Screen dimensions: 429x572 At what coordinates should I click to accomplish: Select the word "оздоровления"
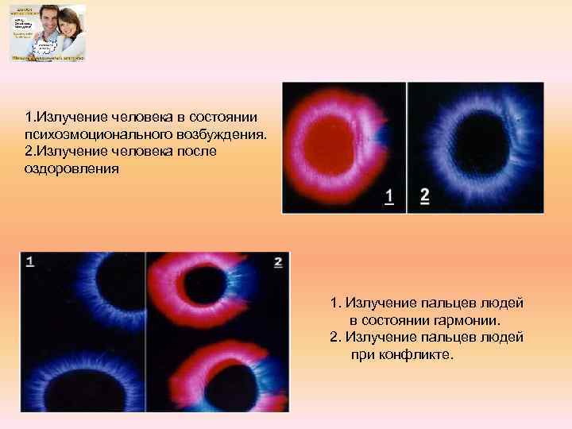(x=71, y=168)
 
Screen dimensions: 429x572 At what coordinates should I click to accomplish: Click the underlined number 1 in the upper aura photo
(x=389, y=196)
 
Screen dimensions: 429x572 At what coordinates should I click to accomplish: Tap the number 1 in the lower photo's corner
(x=29, y=261)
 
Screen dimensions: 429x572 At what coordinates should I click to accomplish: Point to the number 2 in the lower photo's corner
(x=277, y=261)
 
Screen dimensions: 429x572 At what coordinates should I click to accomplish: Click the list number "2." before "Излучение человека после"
(x=30, y=150)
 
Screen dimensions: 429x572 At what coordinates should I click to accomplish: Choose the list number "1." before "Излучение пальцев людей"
(x=336, y=303)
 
